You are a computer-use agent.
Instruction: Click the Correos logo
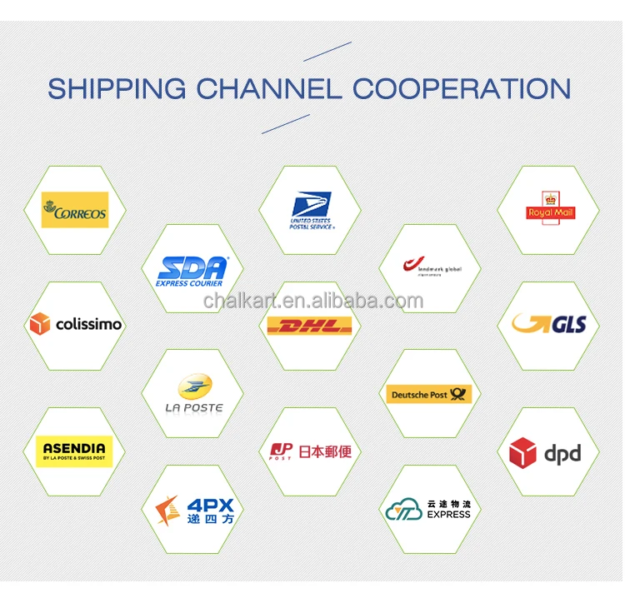[x=75, y=211]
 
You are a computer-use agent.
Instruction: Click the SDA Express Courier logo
[x=192, y=271]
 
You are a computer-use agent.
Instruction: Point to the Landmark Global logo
[x=431, y=267]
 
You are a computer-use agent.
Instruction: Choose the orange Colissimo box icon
[x=39, y=324]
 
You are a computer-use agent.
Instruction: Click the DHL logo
[x=309, y=326]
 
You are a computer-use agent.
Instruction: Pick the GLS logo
[x=548, y=325]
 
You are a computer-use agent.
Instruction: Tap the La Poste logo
[x=194, y=392]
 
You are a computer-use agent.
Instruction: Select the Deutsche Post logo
[x=430, y=394]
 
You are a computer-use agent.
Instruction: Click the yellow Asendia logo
[x=74, y=451]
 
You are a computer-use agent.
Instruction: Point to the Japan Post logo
[x=310, y=451]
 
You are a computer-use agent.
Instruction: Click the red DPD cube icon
[x=523, y=453]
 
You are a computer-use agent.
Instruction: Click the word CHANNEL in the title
[x=265, y=89]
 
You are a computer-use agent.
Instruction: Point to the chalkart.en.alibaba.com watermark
[x=312, y=300]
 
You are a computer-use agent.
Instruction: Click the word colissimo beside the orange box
[x=88, y=324]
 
